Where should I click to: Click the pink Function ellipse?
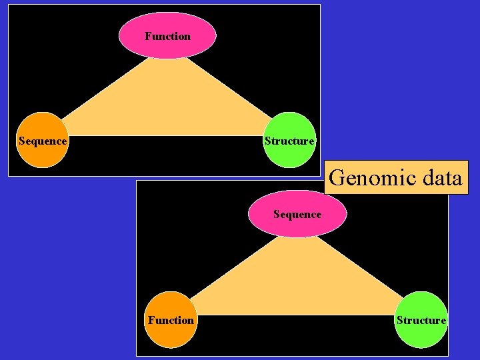pos(167,35)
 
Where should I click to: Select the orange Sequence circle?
pos(43,140)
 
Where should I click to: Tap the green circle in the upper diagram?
pos(289,140)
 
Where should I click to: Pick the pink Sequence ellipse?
pos(297,214)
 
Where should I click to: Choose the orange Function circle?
pos(171,320)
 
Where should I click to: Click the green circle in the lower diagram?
pos(421,320)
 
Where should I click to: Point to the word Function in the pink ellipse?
pos(167,36)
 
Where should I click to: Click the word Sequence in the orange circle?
pos(43,141)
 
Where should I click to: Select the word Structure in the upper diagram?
pos(289,141)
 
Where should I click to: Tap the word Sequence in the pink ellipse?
pos(297,215)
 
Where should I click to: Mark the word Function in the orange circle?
pos(171,321)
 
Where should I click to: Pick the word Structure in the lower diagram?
pos(421,321)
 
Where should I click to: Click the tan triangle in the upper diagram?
pos(167,100)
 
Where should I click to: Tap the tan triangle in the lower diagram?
pos(297,280)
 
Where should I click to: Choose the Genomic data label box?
pos(396,177)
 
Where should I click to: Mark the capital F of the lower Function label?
pos(151,321)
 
